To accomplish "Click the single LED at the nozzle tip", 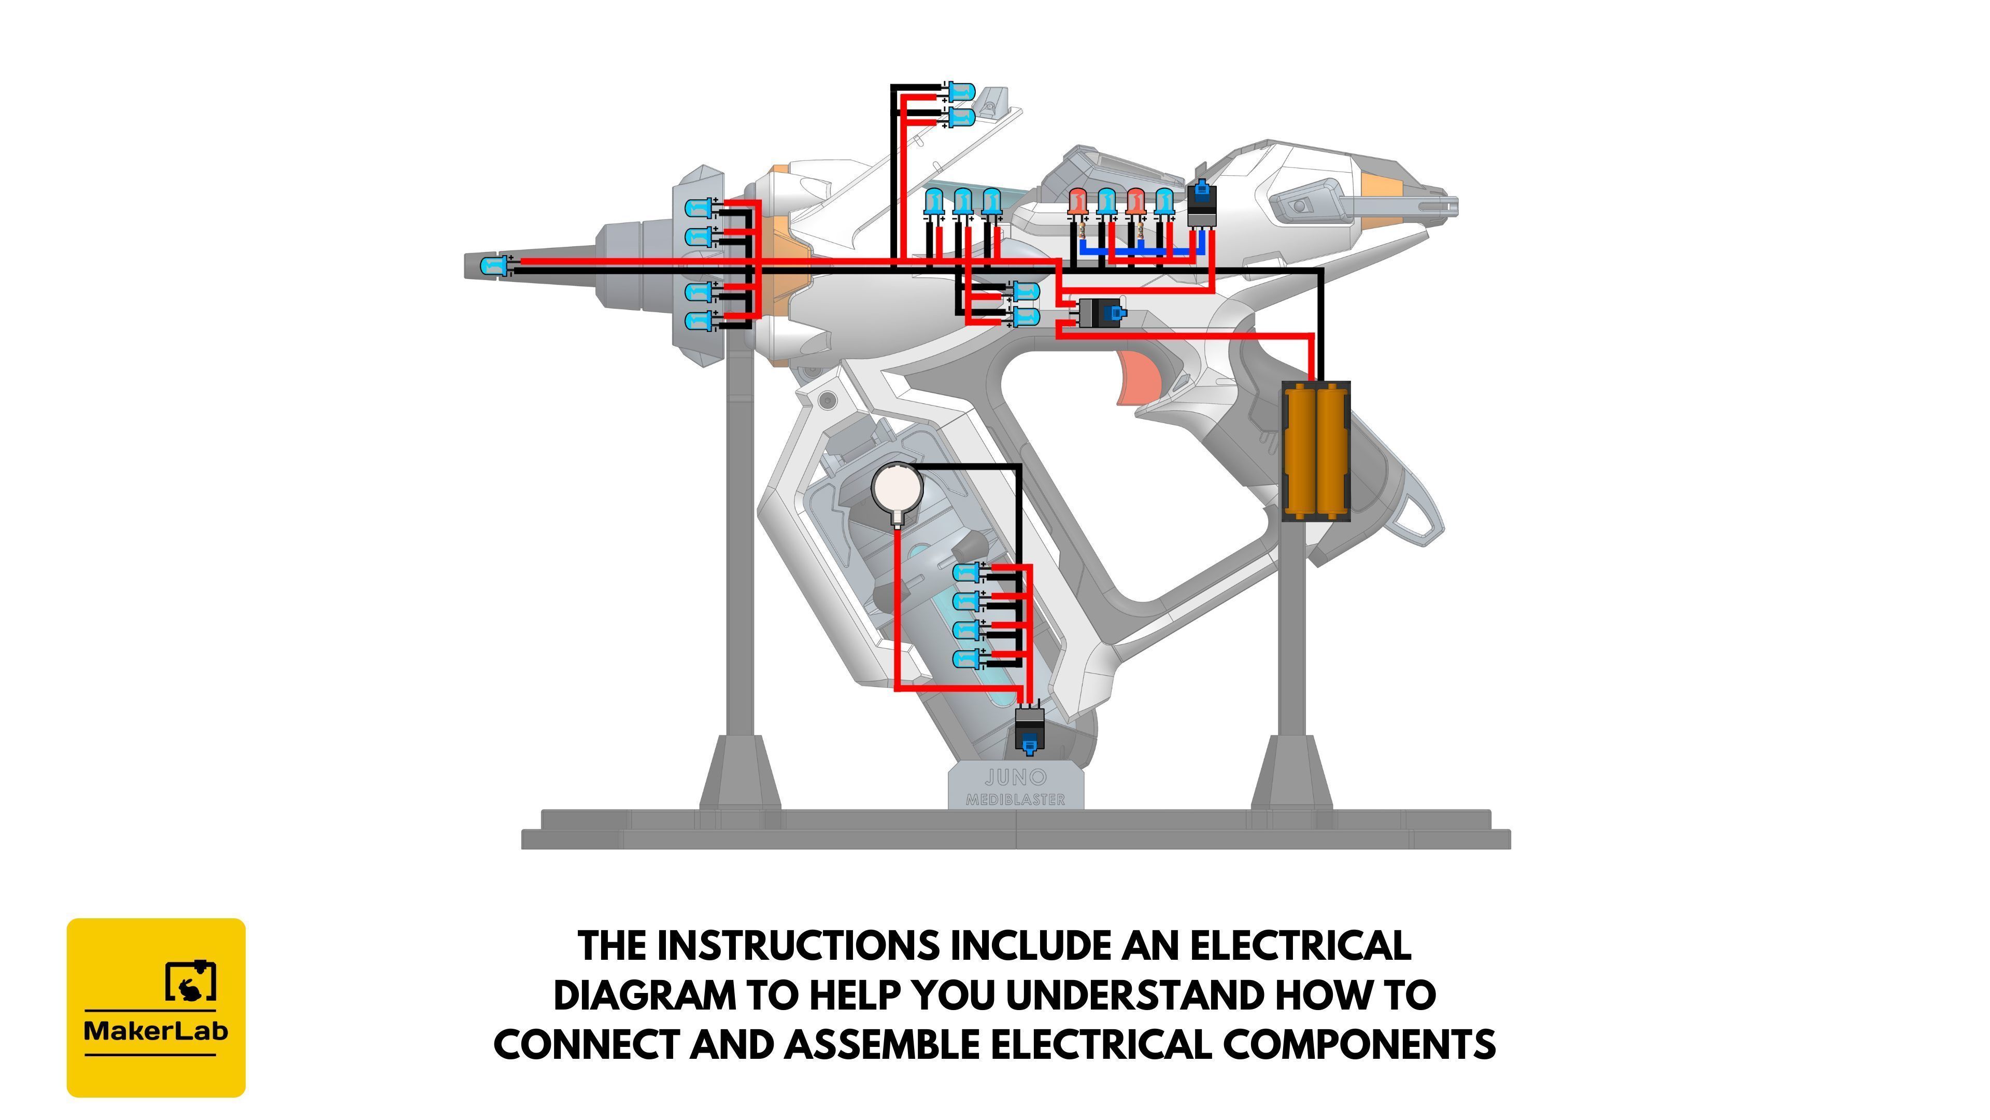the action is (x=494, y=267).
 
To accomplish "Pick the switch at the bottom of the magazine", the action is (x=1028, y=730).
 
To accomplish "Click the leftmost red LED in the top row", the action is (x=1078, y=203).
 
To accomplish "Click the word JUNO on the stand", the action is (x=1016, y=777).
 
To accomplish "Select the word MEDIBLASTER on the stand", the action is (x=1016, y=799).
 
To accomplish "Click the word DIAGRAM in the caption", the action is (x=645, y=995).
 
